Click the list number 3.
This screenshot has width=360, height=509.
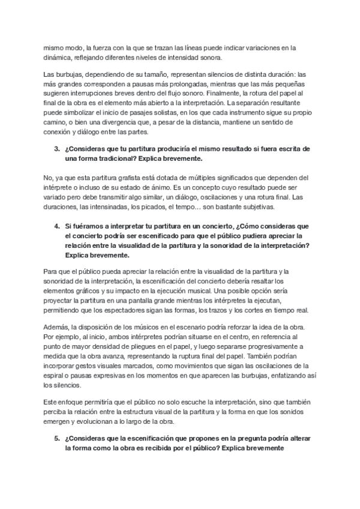click(56, 148)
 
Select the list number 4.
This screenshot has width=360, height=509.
click(56, 226)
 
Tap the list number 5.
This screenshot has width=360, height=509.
click(56, 438)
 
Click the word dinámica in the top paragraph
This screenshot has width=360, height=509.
click(57, 58)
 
